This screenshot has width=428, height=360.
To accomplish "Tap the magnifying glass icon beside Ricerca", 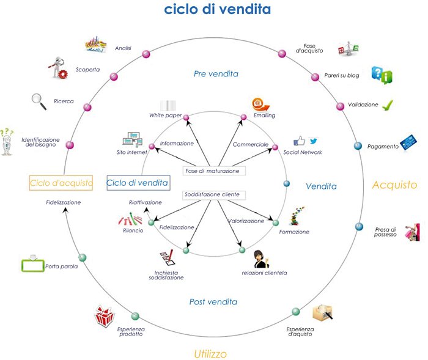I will (x=39, y=101).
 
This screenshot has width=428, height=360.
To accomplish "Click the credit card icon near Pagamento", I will (x=408, y=142).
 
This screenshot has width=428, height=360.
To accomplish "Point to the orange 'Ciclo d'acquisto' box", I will (x=61, y=182).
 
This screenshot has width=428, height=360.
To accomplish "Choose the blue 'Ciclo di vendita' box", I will (x=138, y=182).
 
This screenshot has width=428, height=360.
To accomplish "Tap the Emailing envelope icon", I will (x=261, y=103).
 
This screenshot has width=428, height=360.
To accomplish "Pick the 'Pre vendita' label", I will (x=216, y=74).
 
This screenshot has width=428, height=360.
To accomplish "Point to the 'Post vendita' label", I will (x=213, y=302).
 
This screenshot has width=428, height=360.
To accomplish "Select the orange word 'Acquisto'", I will (x=394, y=185).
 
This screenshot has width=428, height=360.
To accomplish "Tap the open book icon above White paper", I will (x=169, y=105).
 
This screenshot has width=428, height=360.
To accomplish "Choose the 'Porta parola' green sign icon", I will (x=32, y=264).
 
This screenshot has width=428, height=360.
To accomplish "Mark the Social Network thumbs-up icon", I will (x=300, y=141).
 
